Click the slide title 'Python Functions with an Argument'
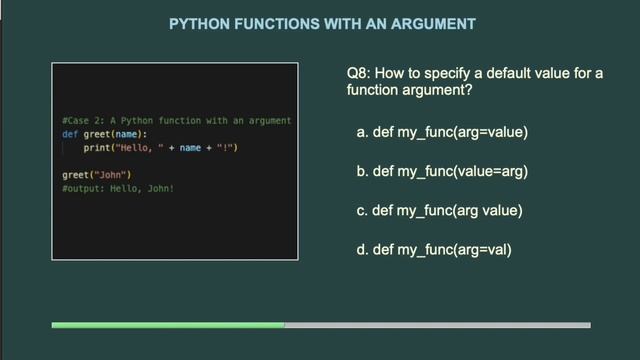[x=321, y=22]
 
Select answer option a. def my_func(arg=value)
[x=441, y=131]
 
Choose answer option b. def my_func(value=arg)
[x=441, y=171]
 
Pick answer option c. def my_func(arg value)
[x=439, y=210]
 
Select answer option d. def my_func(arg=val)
[x=434, y=250]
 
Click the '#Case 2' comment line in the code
[x=176, y=120]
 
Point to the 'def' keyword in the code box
[x=70, y=134]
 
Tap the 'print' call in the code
[x=96, y=148]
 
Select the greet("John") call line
[x=96, y=174]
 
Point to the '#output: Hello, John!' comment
[x=118, y=187]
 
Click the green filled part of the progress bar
[x=168, y=324]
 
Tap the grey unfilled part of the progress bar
[x=437, y=324]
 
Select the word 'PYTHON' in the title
[x=197, y=22]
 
